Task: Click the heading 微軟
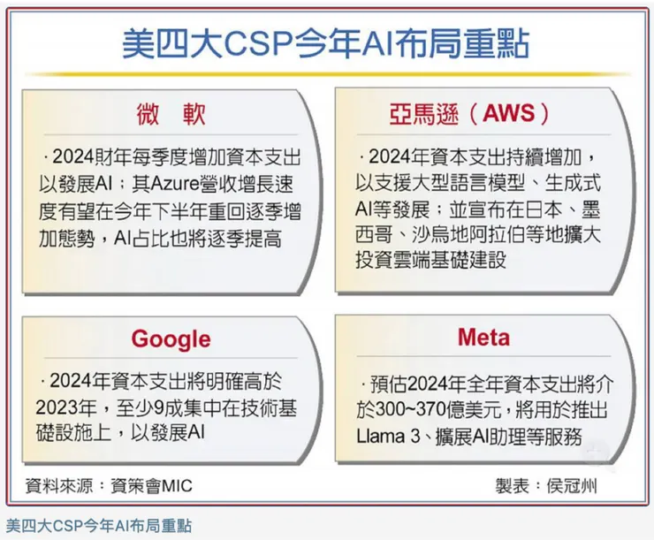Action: [172, 114]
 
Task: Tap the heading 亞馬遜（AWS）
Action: [475, 114]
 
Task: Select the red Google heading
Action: [171, 338]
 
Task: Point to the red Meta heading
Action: [483, 338]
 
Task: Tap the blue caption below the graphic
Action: [99, 526]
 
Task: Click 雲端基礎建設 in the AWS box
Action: [460, 262]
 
